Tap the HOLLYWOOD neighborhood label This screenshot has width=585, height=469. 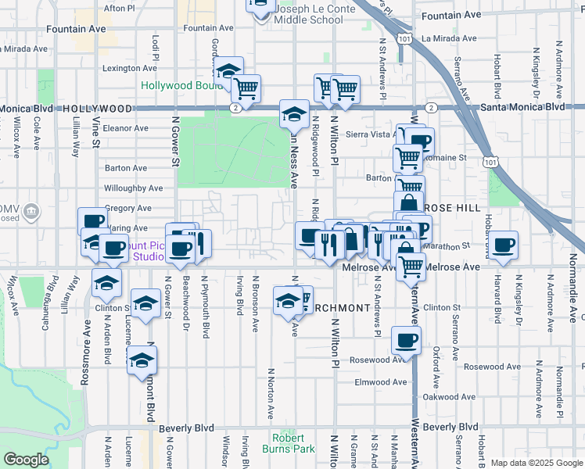[97, 109]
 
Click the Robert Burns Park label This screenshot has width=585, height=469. [292, 443]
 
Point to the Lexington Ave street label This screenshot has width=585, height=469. [130, 69]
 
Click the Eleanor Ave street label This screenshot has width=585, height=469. [125, 128]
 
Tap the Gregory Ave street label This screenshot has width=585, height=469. [127, 209]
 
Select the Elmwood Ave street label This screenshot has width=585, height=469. [381, 382]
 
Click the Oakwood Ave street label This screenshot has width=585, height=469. [448, 397]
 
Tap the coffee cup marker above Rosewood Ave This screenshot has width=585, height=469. [406, 341]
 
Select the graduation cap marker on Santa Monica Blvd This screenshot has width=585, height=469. [294, 115]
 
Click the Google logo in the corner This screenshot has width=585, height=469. [26, 460]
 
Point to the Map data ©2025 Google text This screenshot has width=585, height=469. [536, 463]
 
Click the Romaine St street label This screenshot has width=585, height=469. [450, 158]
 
